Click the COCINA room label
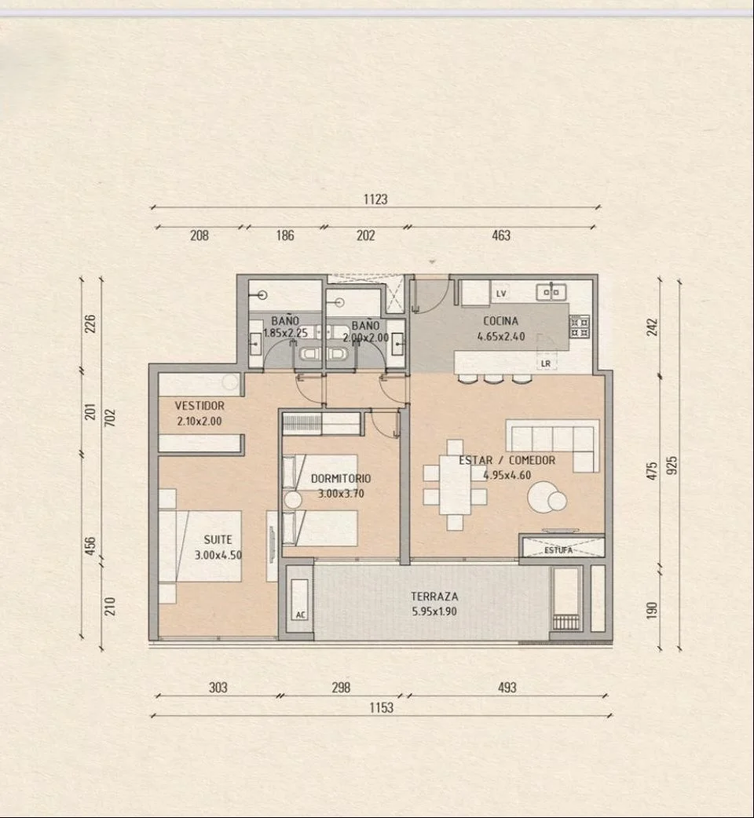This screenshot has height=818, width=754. click(x=500, y=321)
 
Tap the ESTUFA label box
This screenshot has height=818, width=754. click(x=562, y=547)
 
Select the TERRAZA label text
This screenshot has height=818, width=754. click(x=434, y=597)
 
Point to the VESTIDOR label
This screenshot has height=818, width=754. click(x=199, y=405)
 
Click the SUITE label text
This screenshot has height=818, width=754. click(x=218, y=539)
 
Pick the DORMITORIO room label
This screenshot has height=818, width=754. click(x=341, y=478)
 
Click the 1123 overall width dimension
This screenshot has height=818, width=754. click(x=375, y=199)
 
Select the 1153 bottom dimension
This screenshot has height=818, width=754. click(x=382, y=707)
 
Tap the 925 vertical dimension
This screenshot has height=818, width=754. click(x=672, y=466)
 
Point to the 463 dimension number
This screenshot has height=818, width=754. click(x=501, y=236)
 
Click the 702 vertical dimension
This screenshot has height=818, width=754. click(x=110, y=418)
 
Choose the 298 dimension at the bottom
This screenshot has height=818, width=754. click(x=341, y=687)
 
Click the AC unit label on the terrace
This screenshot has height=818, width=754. click(x=301, y=615)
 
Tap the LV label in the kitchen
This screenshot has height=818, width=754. click(x=501, y=294)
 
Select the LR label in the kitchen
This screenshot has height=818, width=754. click(x=546, y=363)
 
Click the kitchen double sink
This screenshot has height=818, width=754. click(x=551, y=292)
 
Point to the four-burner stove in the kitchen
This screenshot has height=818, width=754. click(x=579, y=327)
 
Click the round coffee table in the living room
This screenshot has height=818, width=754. click(x=546, y=497)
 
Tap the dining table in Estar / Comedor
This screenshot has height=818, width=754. click(x=455, y=485)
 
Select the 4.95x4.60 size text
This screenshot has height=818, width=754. click(x=507, y=475)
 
